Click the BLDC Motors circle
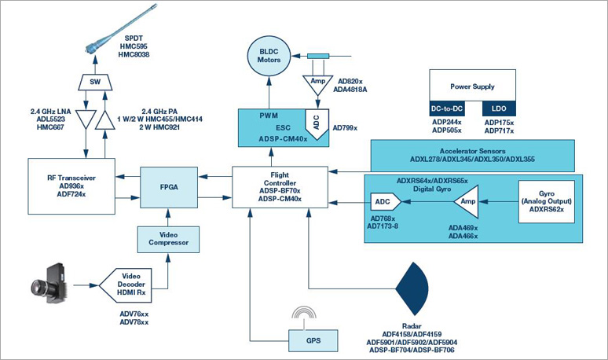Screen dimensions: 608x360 [x=269, y=56]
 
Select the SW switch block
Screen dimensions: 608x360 [x=95, y=82]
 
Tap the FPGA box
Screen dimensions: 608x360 [x=169, y=187]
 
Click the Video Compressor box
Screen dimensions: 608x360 [x=168, y=239]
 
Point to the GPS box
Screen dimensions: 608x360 [x=313, y=340]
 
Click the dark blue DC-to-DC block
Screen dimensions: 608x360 [x=447, y=108]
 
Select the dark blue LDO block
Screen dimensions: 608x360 [x=499, y=108]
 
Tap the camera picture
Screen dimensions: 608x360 [x=49, y=284]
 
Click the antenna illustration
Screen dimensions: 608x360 [x=121, y=29]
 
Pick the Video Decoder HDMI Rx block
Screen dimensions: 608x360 [x=126, y=285]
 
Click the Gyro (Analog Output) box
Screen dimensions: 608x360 [x=547, y=201]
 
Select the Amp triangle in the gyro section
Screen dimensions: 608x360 [x=467, y=201]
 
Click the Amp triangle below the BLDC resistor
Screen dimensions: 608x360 [x=318, y=84]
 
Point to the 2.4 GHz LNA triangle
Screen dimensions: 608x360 [x=86, y=119]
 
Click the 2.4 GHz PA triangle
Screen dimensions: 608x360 [x=104, y=120]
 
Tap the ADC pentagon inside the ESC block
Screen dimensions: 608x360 [x=317, y=123]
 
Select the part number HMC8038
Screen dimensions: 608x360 [x=134, y=55]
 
